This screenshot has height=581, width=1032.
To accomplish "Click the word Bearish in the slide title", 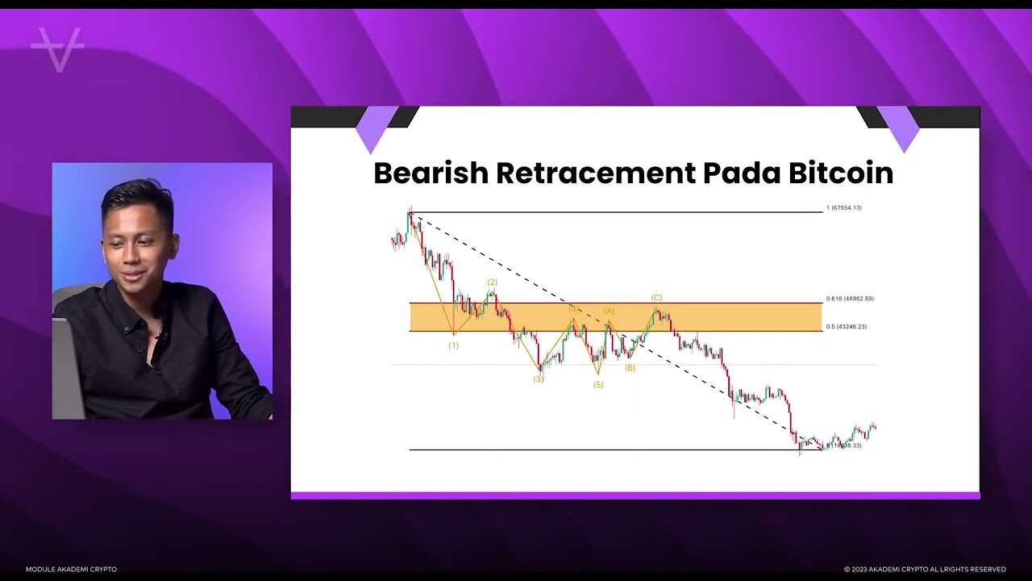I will tap(431, 173).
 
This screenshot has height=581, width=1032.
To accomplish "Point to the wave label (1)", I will tap(453, 345).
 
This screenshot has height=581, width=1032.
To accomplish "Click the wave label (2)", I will tap(492, 282).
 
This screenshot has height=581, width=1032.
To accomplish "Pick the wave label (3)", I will tap(538, 379).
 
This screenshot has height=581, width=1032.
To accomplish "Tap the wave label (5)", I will tap(597, 385).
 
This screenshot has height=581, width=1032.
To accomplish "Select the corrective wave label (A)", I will tap(609, 311).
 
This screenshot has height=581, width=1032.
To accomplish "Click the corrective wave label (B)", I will tap(630, 368).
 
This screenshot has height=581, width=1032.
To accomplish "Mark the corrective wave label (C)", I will tap(656, 299).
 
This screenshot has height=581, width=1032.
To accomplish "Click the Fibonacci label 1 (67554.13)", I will tap(843, 208).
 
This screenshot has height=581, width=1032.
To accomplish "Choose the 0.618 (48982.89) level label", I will tap(850, 299).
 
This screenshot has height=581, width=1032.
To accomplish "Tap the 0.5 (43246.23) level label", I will tap(847, 327).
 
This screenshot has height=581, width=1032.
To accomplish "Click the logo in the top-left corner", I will tap(57, 48).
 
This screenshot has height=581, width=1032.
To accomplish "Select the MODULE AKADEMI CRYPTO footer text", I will tap(71, 570).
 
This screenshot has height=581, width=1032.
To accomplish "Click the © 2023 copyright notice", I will tap(925, 570).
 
